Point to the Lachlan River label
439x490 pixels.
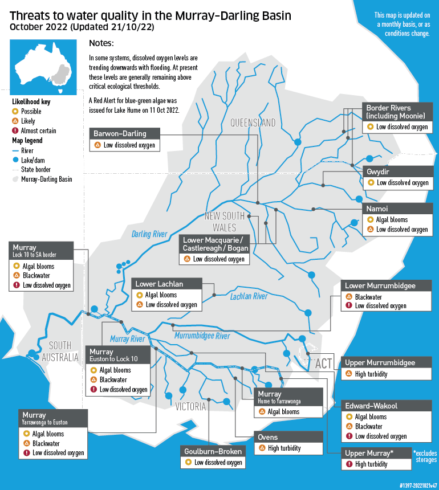(x=249, y=296)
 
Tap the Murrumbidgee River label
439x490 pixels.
(x=202, y=336)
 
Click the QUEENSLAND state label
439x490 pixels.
(x=253, y=122)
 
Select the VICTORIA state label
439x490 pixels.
(x=190, y=407)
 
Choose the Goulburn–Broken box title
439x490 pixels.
(x=213, y=451)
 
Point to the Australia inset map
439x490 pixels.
(x=42, y=63)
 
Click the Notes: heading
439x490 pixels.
(x=101, y=44)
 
